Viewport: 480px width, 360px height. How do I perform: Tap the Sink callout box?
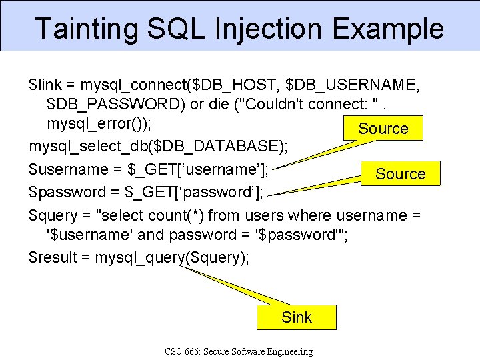(x=297, y=317)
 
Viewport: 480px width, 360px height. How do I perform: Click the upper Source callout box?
(x=383, y=128)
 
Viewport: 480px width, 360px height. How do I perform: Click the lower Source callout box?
(x=400, y=173)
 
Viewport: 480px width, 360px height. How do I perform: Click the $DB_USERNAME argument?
(x=351, y=85)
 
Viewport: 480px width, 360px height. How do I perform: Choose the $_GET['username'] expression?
(x=197, y=170)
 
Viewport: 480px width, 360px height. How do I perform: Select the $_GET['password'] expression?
(x=195, y=193)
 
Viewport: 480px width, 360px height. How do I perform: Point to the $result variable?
(x=51, y=257)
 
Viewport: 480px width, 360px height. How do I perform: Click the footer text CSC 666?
(x=188, y=351)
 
